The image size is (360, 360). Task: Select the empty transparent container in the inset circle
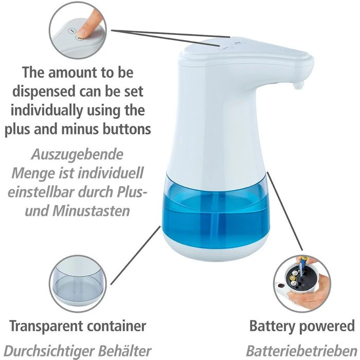click(x=77, y=283)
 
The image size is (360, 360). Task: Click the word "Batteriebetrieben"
click(x=301, y=351)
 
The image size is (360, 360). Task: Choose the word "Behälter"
click(x=124, y=351)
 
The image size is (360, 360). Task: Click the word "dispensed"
click(x=44, y=92)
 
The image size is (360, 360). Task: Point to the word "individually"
click(x=47, y=111)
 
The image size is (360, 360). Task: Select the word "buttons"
click(x=127, y=129)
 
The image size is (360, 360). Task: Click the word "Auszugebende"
click(x=77, y=154)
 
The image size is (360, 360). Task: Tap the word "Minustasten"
click(x=91, y=211)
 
